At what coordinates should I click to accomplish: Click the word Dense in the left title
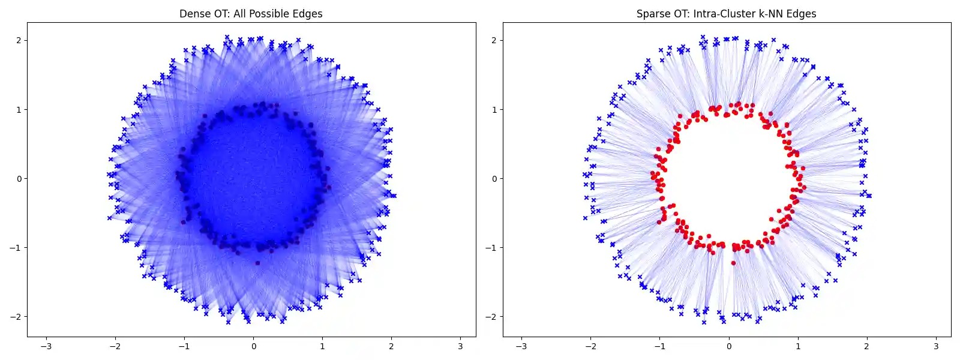(x=193, y=14)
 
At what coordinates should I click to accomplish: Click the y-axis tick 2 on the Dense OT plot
(x=19, y=41)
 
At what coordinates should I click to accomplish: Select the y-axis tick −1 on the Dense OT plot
(x=16, y=248)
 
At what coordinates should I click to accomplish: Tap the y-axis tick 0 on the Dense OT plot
(x=19, y=179)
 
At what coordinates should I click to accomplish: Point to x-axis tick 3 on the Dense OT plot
(x=461, y=346)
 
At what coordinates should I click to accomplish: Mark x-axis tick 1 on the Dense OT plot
(x=323, y=346)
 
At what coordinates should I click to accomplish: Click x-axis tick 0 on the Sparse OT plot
(x=729, y=346)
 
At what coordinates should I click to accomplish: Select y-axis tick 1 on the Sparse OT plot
(x=494, y=110)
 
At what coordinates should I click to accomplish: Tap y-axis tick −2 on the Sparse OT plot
(x=492, y=317)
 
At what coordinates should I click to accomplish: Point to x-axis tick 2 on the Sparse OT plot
(x=867, y=346)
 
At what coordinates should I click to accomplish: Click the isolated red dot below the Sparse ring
(x=733, y=263)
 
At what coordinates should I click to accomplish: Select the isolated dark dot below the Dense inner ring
(x=257, y=263)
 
